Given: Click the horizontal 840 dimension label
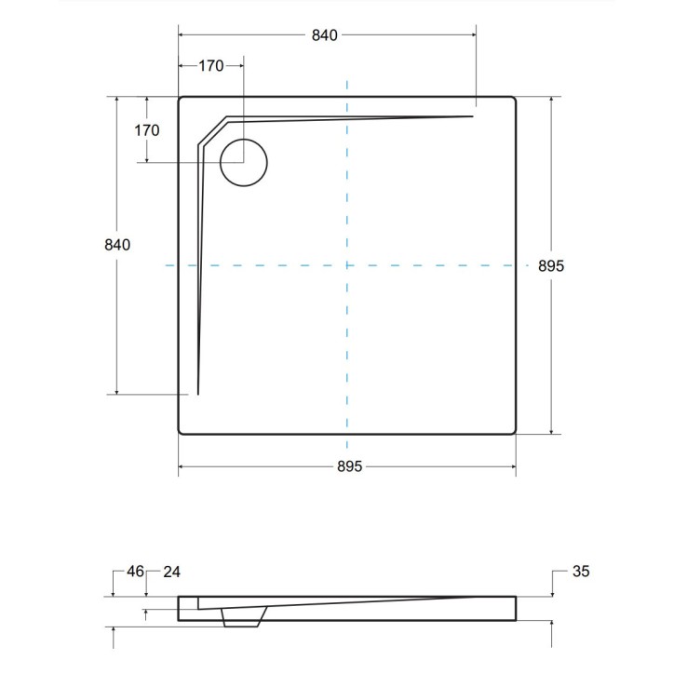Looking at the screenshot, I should coord(324,35).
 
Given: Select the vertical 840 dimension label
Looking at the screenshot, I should coord(116,245).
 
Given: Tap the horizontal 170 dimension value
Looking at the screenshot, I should coord(211,66).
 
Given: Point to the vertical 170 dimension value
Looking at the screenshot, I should coord(147,130).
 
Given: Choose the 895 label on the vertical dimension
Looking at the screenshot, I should coord(552,265).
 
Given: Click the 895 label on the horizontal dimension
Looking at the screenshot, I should coord(346,466).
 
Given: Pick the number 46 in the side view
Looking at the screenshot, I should coord(135,571).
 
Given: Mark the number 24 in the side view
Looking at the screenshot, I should coord(172,571).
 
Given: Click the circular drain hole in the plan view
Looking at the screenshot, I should coord(244,163).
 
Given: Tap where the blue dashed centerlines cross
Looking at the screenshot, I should coord(346,265).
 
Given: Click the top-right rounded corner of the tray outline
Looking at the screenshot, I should coord(514,99).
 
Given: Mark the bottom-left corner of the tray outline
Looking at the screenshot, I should coord(181,432).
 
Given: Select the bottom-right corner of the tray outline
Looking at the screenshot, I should coord(514,432).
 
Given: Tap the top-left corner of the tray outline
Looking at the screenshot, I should coord(181,99).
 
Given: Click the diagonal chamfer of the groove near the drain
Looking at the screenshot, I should coord(213,131).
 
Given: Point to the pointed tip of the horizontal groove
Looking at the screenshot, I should coord(473,116).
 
